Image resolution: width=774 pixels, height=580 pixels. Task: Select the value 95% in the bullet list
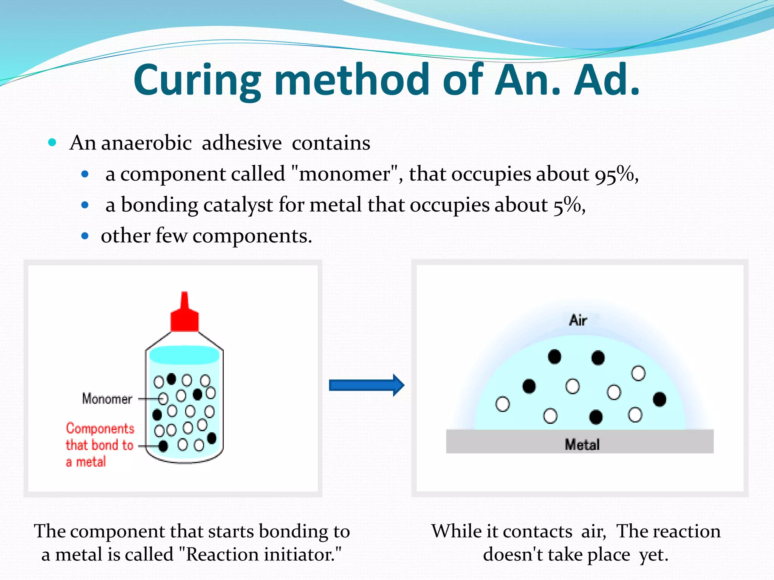point(614,174)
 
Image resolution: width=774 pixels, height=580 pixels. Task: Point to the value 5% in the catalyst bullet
point(567,205)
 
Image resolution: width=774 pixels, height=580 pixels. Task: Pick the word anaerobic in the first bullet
point(147,143)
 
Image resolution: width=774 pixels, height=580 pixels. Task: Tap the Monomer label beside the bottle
point(107,399)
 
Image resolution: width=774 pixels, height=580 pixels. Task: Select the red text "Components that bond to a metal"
point(99,445)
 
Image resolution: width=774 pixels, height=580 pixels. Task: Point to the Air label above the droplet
point(578,320)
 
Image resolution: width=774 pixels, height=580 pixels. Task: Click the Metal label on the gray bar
point(582,444)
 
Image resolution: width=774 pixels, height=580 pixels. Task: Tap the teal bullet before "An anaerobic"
point(53,143)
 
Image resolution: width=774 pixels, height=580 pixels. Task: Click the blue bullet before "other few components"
point(85,236)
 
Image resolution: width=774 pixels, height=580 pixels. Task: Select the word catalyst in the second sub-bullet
point(238,205)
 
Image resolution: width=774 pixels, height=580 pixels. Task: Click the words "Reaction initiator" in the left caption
point(259,555)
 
